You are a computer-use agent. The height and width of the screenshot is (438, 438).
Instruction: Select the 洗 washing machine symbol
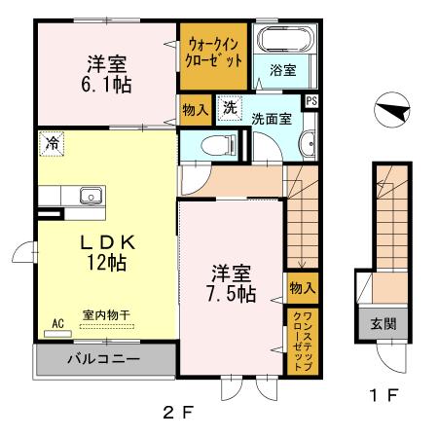click(229, 107)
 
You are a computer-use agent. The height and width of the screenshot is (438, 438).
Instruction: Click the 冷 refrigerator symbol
click(51, 142)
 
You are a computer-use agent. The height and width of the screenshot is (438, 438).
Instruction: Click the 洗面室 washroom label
click(272, 119)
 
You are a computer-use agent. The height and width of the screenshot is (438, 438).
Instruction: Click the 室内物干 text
click(106, 313)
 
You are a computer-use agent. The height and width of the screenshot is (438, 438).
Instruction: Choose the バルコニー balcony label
click(103, 359)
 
